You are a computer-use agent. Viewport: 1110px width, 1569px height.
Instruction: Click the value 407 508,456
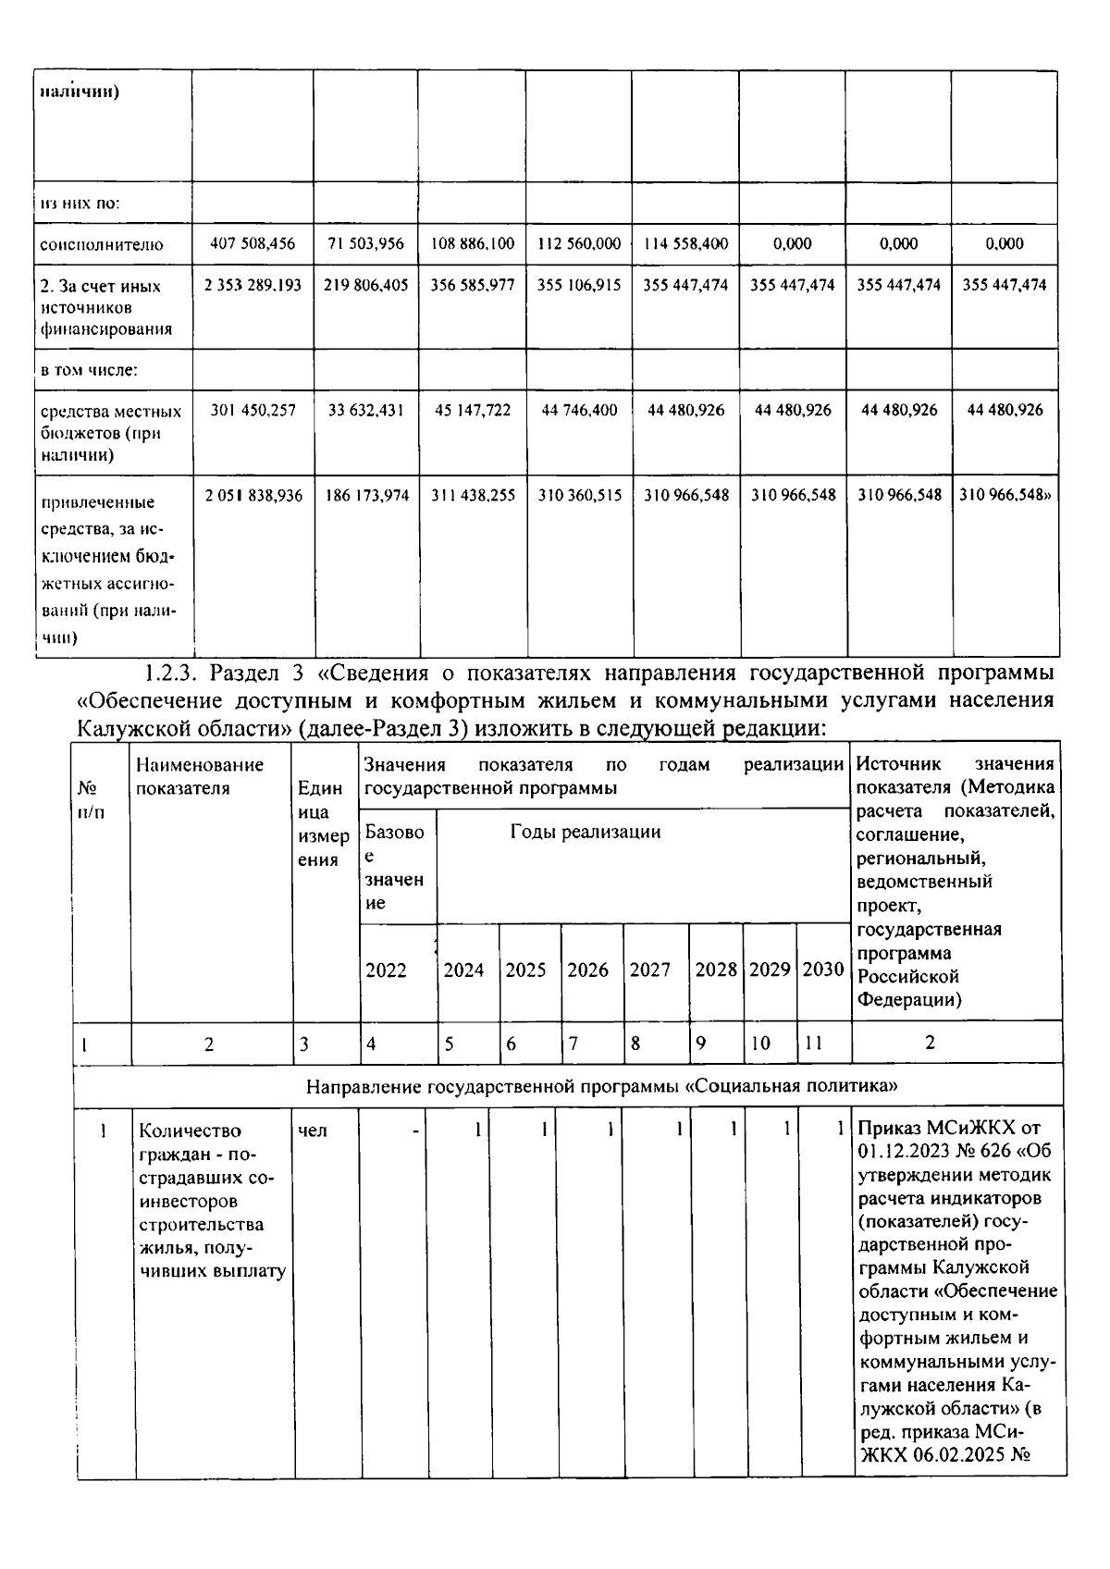(253, 244)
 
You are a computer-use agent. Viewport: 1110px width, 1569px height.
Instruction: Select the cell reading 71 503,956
(365, 244)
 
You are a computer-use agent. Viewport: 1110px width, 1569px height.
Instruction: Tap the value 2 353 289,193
(253, 286)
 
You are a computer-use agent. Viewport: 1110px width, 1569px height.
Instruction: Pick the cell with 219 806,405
(365, 286)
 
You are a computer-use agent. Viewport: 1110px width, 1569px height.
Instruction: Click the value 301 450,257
(253, 410)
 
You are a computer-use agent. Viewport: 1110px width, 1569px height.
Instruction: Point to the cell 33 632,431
(365, 410)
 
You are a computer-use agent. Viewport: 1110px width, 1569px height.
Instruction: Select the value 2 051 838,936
(253, 496)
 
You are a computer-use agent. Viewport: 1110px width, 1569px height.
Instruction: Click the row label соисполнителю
(102, 245)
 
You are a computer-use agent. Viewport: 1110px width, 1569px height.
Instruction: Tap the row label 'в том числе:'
(89, 370)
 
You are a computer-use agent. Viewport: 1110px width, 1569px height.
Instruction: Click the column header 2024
(463, 970)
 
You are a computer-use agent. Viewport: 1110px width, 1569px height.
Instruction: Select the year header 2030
(822, 970)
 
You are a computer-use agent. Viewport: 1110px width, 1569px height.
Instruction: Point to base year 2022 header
(386, 970)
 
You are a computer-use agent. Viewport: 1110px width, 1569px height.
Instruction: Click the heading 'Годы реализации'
(586, 832)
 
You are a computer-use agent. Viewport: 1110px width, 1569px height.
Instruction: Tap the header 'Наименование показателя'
(199, 776)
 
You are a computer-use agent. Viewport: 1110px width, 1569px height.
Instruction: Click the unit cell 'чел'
(313, 1130)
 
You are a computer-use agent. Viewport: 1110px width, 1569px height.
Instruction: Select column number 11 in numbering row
(813, 1044)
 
